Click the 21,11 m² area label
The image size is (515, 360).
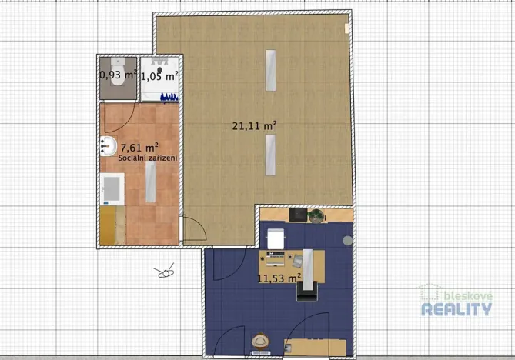point(254,125)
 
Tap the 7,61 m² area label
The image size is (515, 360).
point(139,146)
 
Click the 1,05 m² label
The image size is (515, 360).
point(159,75)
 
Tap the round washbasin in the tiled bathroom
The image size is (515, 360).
point(107,145)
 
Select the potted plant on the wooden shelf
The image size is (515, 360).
point(316,216)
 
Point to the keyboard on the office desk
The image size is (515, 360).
point(276,252)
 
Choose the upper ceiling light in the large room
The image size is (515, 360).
point(269,70)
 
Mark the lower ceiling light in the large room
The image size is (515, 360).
point(269,155)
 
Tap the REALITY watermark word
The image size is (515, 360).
point(456,309)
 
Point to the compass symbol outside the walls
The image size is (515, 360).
point(165,272)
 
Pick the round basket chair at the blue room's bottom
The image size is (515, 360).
point(260,341)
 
